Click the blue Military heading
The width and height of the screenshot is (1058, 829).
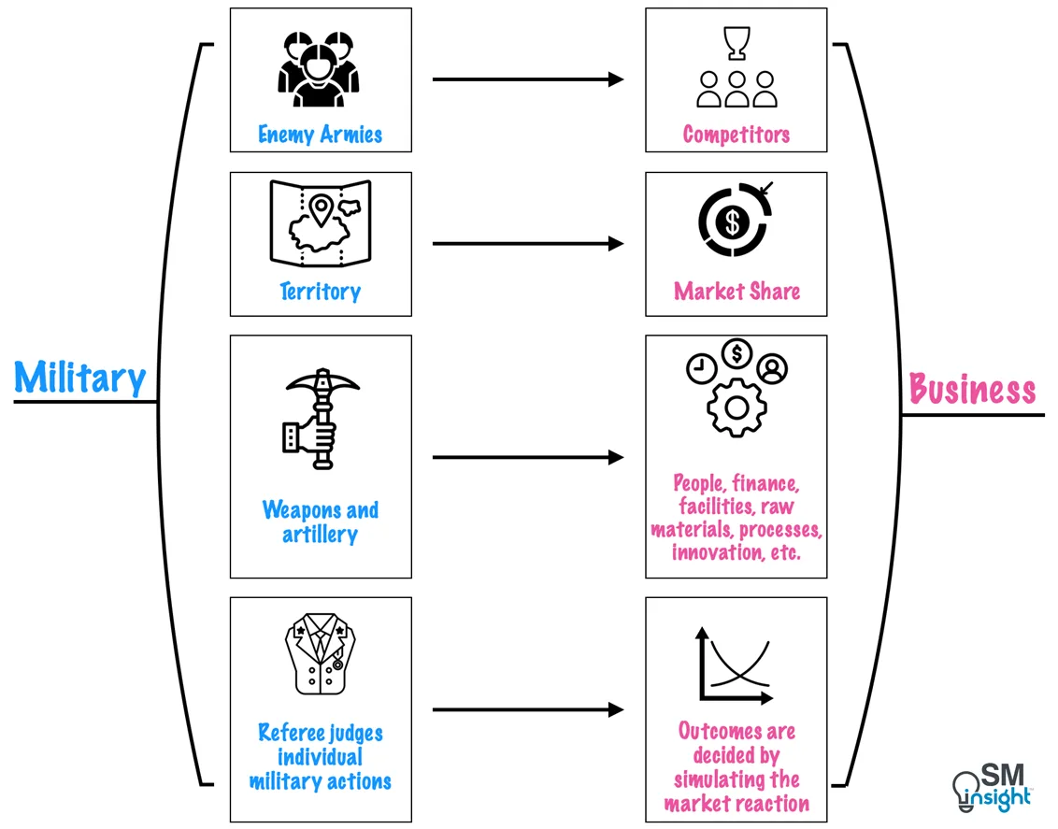[x=80, y=378]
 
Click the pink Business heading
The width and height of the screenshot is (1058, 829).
[x=972, y=389]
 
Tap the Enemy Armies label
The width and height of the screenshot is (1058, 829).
[x=320, y=135]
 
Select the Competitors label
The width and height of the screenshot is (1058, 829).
[x=736, y=135]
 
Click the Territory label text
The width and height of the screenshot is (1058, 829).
[x=320, y=292]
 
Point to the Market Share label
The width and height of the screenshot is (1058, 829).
[x=736, y=292]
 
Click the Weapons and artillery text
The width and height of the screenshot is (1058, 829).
[x=320, y=522]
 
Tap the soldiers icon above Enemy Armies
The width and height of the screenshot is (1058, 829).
[x=318, y=70]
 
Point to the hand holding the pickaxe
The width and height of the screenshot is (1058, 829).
[x=311, y=436]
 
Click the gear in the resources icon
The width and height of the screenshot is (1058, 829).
[x=736, y=407]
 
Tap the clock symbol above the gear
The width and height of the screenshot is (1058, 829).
[x=700, y=370]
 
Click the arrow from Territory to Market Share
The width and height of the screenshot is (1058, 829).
[x=527, y=244]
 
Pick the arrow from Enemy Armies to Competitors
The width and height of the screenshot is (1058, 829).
[x=527, y=79]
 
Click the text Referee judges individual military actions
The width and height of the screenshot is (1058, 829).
[x=320, y=757]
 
